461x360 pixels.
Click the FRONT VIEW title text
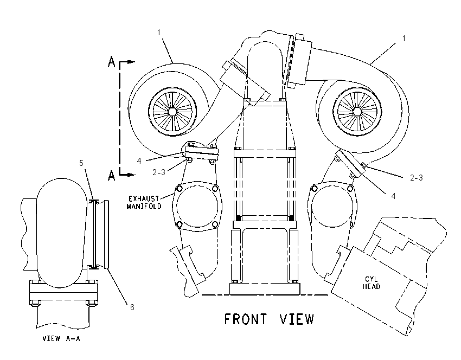(x=269, y=319)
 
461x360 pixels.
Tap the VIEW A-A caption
(x=61, y=338)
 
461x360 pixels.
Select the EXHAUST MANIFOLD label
(x=144, y=202)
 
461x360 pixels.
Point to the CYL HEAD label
(x=372, y=282)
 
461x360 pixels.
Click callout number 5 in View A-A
(x=81, y=163)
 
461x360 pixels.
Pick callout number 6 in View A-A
(x=132, y=307)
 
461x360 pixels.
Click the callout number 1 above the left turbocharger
(x=159, y=32)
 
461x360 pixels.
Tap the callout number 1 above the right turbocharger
(x=404, y=38)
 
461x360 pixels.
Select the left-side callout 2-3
(x=159, y=172)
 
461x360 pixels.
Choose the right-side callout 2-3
(x=417, y=177)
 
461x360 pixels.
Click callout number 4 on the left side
(x=139, y=160)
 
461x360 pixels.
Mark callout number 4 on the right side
(x=393, y=196)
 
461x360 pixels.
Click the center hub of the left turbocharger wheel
(x=172, y=112)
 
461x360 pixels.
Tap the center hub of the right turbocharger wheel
(x=357, y=111)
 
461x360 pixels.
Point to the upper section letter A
(x=111, y=61)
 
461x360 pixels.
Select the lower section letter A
(x=111, y=176)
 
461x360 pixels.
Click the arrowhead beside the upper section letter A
(x=131, y=62)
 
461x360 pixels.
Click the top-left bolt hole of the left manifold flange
(x=180, y=188)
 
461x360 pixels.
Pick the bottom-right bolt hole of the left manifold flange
(x=215, y=225)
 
